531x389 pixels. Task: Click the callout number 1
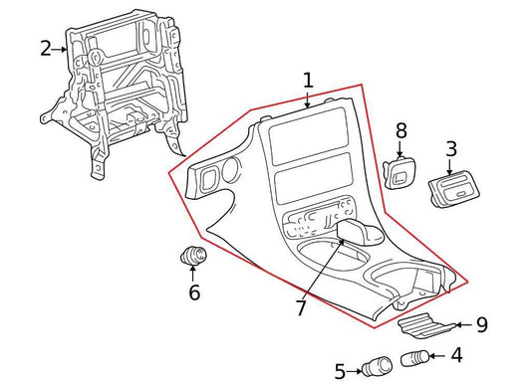[308, 82]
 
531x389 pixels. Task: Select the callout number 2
[46, 49]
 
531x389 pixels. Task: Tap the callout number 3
[450, 149]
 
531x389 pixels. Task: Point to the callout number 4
[456, 355]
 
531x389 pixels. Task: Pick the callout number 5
[341, 371]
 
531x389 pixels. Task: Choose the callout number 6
[194, 292]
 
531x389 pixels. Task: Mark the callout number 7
[301, 307]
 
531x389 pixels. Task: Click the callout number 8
[400, 130]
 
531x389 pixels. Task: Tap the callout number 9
[482, 324]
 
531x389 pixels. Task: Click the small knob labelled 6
[193, 255]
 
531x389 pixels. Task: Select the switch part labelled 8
[399, 173]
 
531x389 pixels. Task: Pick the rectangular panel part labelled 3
[453, 189]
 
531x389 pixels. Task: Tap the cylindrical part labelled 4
[415, 358]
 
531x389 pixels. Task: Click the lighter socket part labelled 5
[377, 366]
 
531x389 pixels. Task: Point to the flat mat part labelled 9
[426, 325]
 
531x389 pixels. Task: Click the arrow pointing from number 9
[463, 325]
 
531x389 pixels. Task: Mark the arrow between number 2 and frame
[60, 50]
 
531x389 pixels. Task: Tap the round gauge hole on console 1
[231, 169]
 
